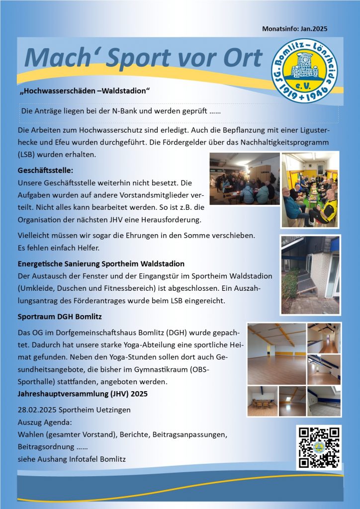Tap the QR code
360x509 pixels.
(319, 447)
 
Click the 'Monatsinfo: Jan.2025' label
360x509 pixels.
(294, 29)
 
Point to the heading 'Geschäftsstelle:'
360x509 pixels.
(45, 170)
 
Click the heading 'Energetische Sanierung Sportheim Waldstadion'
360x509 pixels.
(101, 263)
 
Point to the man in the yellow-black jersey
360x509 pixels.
(326, 207)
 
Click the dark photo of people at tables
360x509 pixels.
(243, 178)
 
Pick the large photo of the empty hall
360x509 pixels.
(276, 354)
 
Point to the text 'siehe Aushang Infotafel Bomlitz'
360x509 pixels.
(72, 459)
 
